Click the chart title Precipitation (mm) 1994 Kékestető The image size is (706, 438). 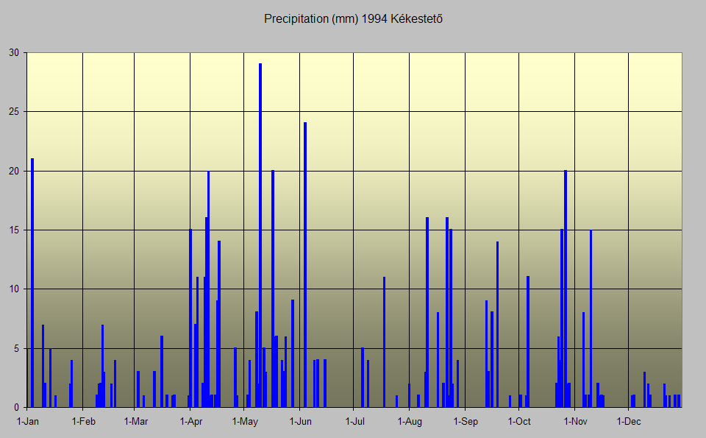click(353, 18)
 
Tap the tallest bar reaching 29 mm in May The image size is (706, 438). click(260, 236)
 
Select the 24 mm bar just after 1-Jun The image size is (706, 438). click(305, 265)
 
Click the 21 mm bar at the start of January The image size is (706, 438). click(32, 283)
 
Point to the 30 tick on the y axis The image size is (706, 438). click(14, 53)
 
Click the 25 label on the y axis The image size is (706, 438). click(14, 112)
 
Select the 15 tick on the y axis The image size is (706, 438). click(14, 230)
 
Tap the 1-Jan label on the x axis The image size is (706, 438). click(28, 422)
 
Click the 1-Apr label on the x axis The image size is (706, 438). click(191, 422)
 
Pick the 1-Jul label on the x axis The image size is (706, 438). click(355, 422)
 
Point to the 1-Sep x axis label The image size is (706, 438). click(466, 422)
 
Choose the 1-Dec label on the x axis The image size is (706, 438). click(630, 422)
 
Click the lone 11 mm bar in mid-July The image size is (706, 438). click(384, 342)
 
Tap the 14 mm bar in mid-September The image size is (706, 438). click(497, 324)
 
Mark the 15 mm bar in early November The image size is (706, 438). click(591, 318)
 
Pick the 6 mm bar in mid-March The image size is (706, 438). click(162, 372)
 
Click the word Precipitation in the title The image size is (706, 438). click(291, 18)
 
